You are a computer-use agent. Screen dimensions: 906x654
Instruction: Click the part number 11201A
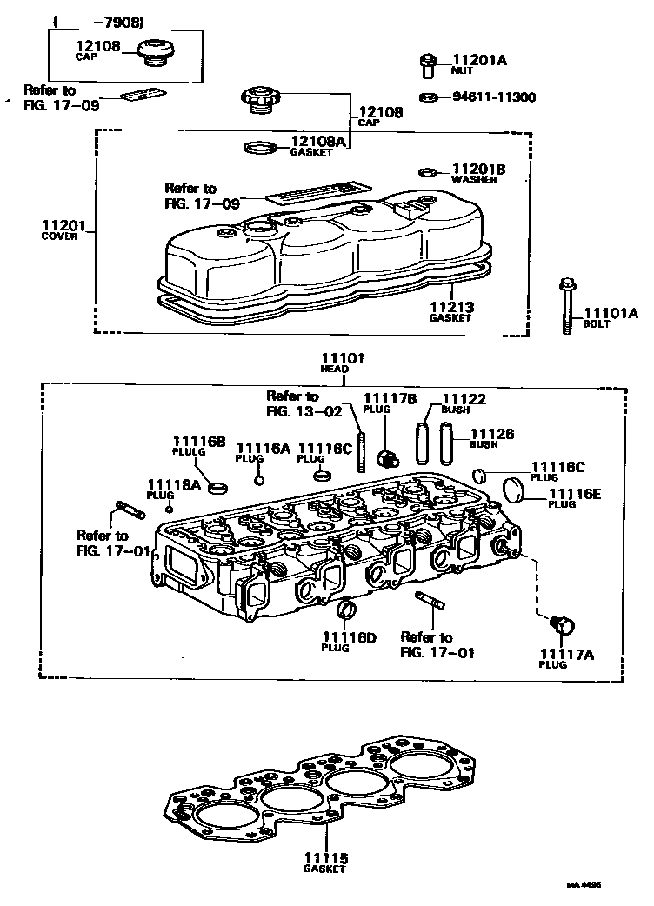point(478,60)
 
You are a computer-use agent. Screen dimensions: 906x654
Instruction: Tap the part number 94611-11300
point(493,97)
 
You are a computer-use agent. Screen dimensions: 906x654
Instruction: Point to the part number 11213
point(450,307)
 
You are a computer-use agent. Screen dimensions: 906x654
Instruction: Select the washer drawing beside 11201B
point(428,170)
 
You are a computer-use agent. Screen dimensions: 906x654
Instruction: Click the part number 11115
point(326,858)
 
